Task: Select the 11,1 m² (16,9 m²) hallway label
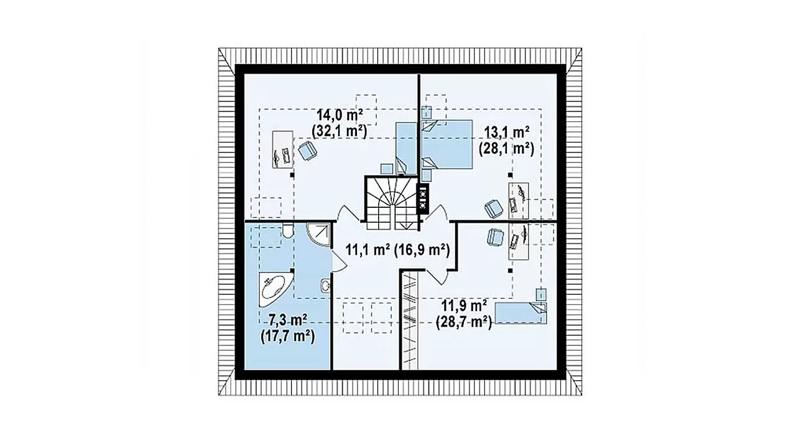click(397, 250)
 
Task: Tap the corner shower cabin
click(318, 235)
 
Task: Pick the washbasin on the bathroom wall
click(325, 285)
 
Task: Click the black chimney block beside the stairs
click(423, 198)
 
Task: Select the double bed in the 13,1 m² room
click(447, 144)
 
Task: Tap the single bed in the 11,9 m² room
click(521, 313)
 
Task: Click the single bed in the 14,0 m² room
click(406, 149)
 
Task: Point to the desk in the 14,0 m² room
click(283, 149)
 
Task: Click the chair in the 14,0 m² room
click(307, 151)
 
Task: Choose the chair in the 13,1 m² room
click(494, 208)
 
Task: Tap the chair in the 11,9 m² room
click(494, 237)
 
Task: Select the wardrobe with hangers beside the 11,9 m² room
click(409, 320)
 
